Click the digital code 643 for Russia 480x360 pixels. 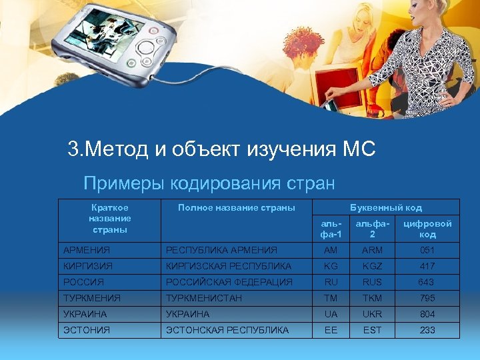[427, 282]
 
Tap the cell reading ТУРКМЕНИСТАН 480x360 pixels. [204, 298]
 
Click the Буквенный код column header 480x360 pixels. [386, 207]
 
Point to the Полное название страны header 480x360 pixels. [237, 207]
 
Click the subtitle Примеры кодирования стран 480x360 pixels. [209, 182]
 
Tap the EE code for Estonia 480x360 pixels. [331, 330]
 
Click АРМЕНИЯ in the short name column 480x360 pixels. [87, 250]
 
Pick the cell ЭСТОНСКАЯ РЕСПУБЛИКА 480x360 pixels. [227, 330]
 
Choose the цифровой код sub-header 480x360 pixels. [427, 229]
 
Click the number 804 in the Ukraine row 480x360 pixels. [427, 314]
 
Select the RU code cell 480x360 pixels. [331, 282]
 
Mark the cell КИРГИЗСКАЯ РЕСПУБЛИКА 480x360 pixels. [229, 266]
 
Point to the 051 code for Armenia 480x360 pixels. [427, 250]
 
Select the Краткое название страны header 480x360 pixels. [110, 218]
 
